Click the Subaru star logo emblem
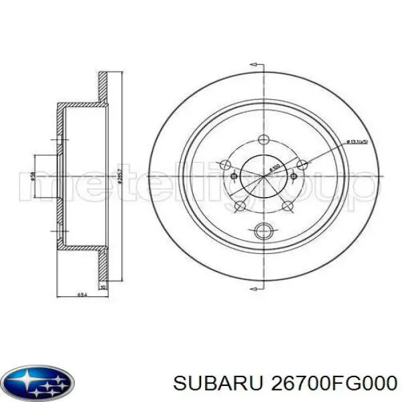(x=40, y=383)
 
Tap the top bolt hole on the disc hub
(x=261, y=141)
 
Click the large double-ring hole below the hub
(x=262, y=232)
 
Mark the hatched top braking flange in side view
(x=103, y=87)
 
